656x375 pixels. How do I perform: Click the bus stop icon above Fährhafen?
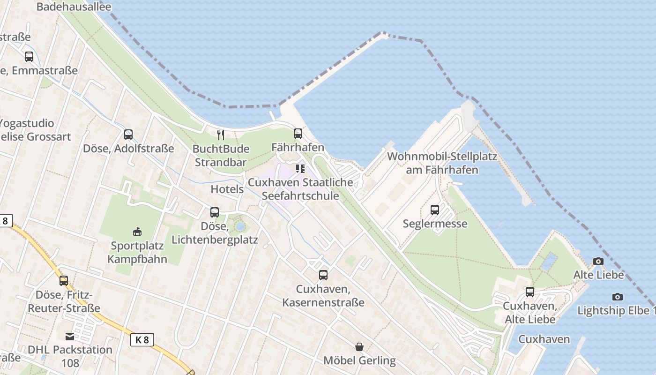click(x=298, y=134)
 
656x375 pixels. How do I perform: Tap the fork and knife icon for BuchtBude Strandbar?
click(x=221, y=135)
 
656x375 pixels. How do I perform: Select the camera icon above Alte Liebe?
click(x=598, y=261)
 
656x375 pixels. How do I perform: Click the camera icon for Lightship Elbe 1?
click(x=618, y=297)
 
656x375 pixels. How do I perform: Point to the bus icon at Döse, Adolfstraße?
click(x=128, y=135)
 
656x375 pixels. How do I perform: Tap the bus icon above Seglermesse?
click(x=435, y=210)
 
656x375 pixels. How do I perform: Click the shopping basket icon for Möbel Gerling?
click(x=359, y=347)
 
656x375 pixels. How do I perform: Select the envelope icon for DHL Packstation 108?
click(x=70, y=336)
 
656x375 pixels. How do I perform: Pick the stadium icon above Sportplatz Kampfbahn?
click(x=137, y=232)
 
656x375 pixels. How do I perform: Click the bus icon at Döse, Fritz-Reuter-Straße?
click(x=64, y=281)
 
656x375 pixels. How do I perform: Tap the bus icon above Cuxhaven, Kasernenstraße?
click(x=323, y=275)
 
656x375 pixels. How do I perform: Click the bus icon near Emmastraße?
click(x=29, y=57)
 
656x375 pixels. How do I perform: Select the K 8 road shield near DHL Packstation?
click(x=142, y=340)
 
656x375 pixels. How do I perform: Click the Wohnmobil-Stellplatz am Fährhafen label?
click(x=442, y=163)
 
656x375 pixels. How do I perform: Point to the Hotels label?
click(x=227, y=189)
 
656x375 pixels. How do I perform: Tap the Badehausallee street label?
click(x=74, y=7)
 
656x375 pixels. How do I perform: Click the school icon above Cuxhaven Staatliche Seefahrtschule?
click(x=300, y=168)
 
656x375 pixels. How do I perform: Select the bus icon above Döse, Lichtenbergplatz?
click(x=215, y=212)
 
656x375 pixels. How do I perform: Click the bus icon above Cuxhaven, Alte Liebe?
click(x=530, y=292)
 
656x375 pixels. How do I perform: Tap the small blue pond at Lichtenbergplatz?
click(x=240, y=227)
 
